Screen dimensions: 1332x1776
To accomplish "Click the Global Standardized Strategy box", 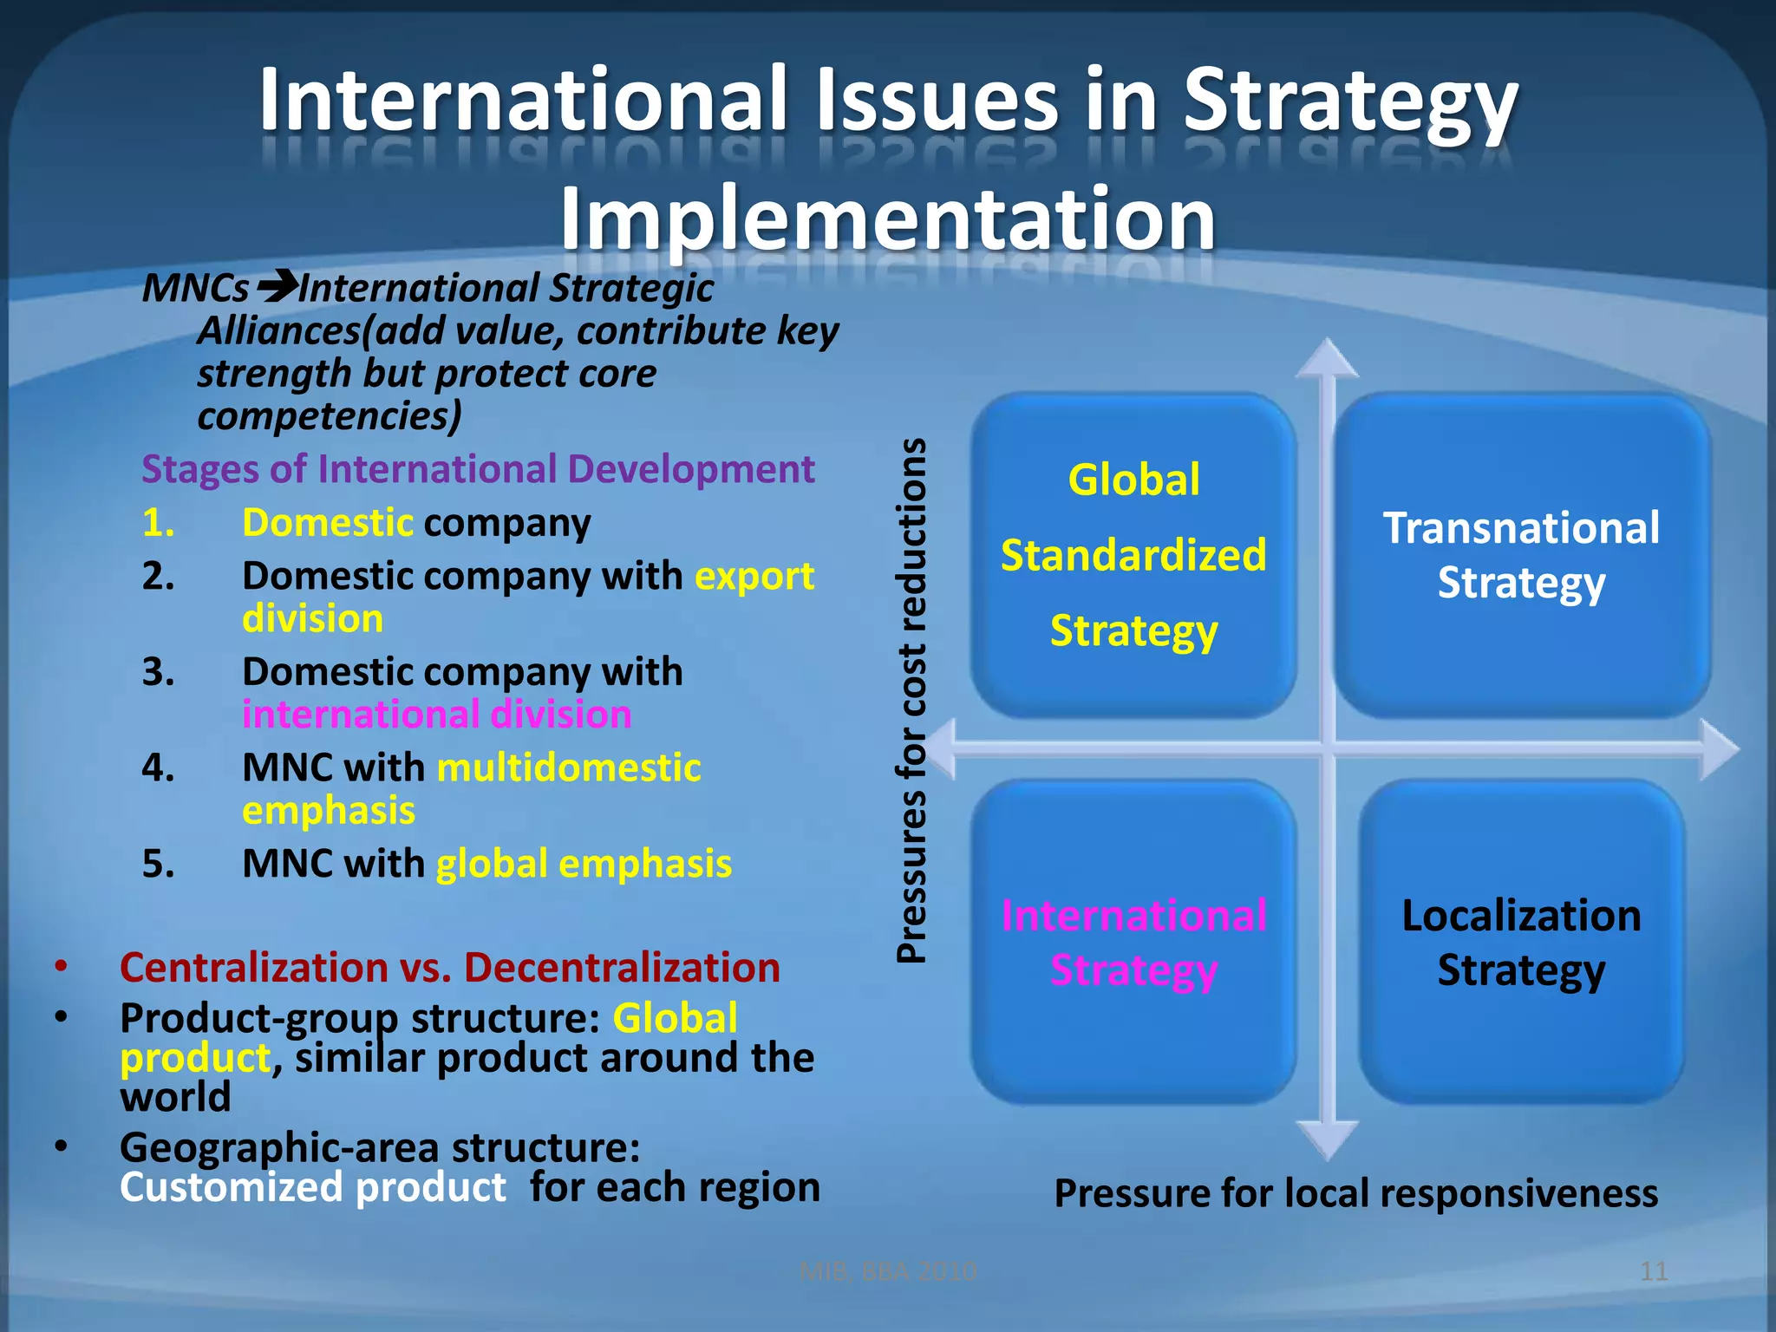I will (1133, 555).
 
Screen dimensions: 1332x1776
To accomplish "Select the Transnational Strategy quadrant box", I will (1521, 555).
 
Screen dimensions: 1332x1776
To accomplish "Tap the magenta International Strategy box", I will (1133, 942).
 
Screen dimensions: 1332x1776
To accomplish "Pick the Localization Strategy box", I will (1521, 942).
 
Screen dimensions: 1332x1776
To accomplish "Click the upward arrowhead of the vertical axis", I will (1327, 358).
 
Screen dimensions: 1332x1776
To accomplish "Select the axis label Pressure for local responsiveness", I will (1355, 1193).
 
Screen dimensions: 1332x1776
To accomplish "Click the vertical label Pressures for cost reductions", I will (911, 701).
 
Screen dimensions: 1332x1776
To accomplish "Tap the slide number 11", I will (1654, 1271).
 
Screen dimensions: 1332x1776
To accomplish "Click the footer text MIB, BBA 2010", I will (888, 1271).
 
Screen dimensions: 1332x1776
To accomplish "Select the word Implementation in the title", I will (887, 219).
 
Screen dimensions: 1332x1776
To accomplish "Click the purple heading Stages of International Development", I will (478, 469).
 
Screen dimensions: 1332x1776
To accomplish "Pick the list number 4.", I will (158, 767).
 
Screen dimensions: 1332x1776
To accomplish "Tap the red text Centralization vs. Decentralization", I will (449, 967).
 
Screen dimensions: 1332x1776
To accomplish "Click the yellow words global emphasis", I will (584, 864).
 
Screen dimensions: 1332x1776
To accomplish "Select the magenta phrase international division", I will (436, 715).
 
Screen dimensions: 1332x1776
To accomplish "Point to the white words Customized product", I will (312, 1187).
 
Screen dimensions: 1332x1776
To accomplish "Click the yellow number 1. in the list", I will (158, 523).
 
